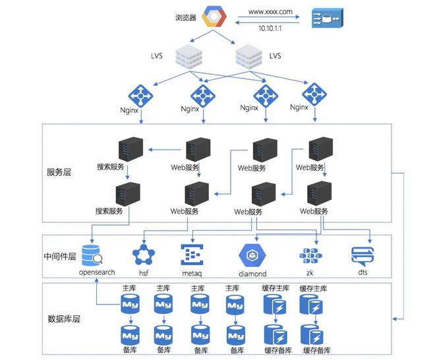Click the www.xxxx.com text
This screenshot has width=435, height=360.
coord(270,11)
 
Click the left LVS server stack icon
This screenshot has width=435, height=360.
coord(188,57)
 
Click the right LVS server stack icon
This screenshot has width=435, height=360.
coord(248,57)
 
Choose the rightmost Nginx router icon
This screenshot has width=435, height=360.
coord(314,94)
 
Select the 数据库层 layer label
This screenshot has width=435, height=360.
coord(63,318)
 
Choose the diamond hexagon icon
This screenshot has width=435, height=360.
coord(252,255)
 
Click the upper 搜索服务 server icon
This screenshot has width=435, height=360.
coord(128,150)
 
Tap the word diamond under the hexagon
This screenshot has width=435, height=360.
coord(252,274)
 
